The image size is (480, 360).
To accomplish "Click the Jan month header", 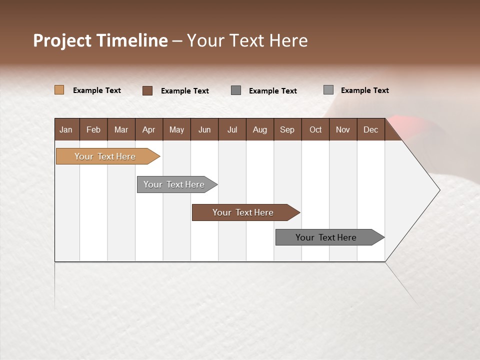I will point(66,129).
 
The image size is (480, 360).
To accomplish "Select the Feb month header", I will point(93,129).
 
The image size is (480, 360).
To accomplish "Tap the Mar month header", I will point(121,129).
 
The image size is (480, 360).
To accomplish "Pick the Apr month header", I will point(149,129).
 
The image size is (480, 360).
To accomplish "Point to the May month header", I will point(176,129).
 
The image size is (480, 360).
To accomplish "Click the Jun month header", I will point(204,129).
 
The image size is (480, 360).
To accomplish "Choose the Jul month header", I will point(232,129).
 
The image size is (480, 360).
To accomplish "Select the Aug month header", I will point(260,129).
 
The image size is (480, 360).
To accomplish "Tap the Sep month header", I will point(287,129).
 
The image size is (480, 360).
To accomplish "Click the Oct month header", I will point(315,129).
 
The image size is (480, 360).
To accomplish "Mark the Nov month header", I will point(343,129).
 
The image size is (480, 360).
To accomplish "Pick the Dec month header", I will point(371,129).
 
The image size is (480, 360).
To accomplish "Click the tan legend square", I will point(59,90).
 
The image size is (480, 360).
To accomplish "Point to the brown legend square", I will point(147,90).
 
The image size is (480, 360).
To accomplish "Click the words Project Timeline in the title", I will point(100,40).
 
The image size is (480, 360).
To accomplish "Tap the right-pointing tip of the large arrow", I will point(438,190).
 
